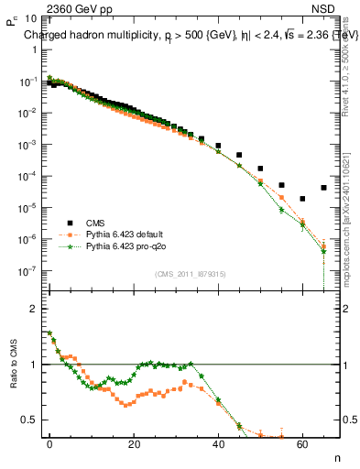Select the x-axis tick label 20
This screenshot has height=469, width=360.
134,443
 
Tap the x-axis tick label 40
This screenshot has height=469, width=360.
218,443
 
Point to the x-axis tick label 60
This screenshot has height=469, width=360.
302,443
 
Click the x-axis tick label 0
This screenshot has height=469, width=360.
49,443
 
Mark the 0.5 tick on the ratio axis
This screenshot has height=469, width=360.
29,420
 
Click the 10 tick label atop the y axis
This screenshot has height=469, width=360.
27,18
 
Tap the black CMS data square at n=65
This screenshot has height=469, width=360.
323,188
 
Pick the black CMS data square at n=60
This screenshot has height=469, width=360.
302,199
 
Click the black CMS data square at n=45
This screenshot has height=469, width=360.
239,155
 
